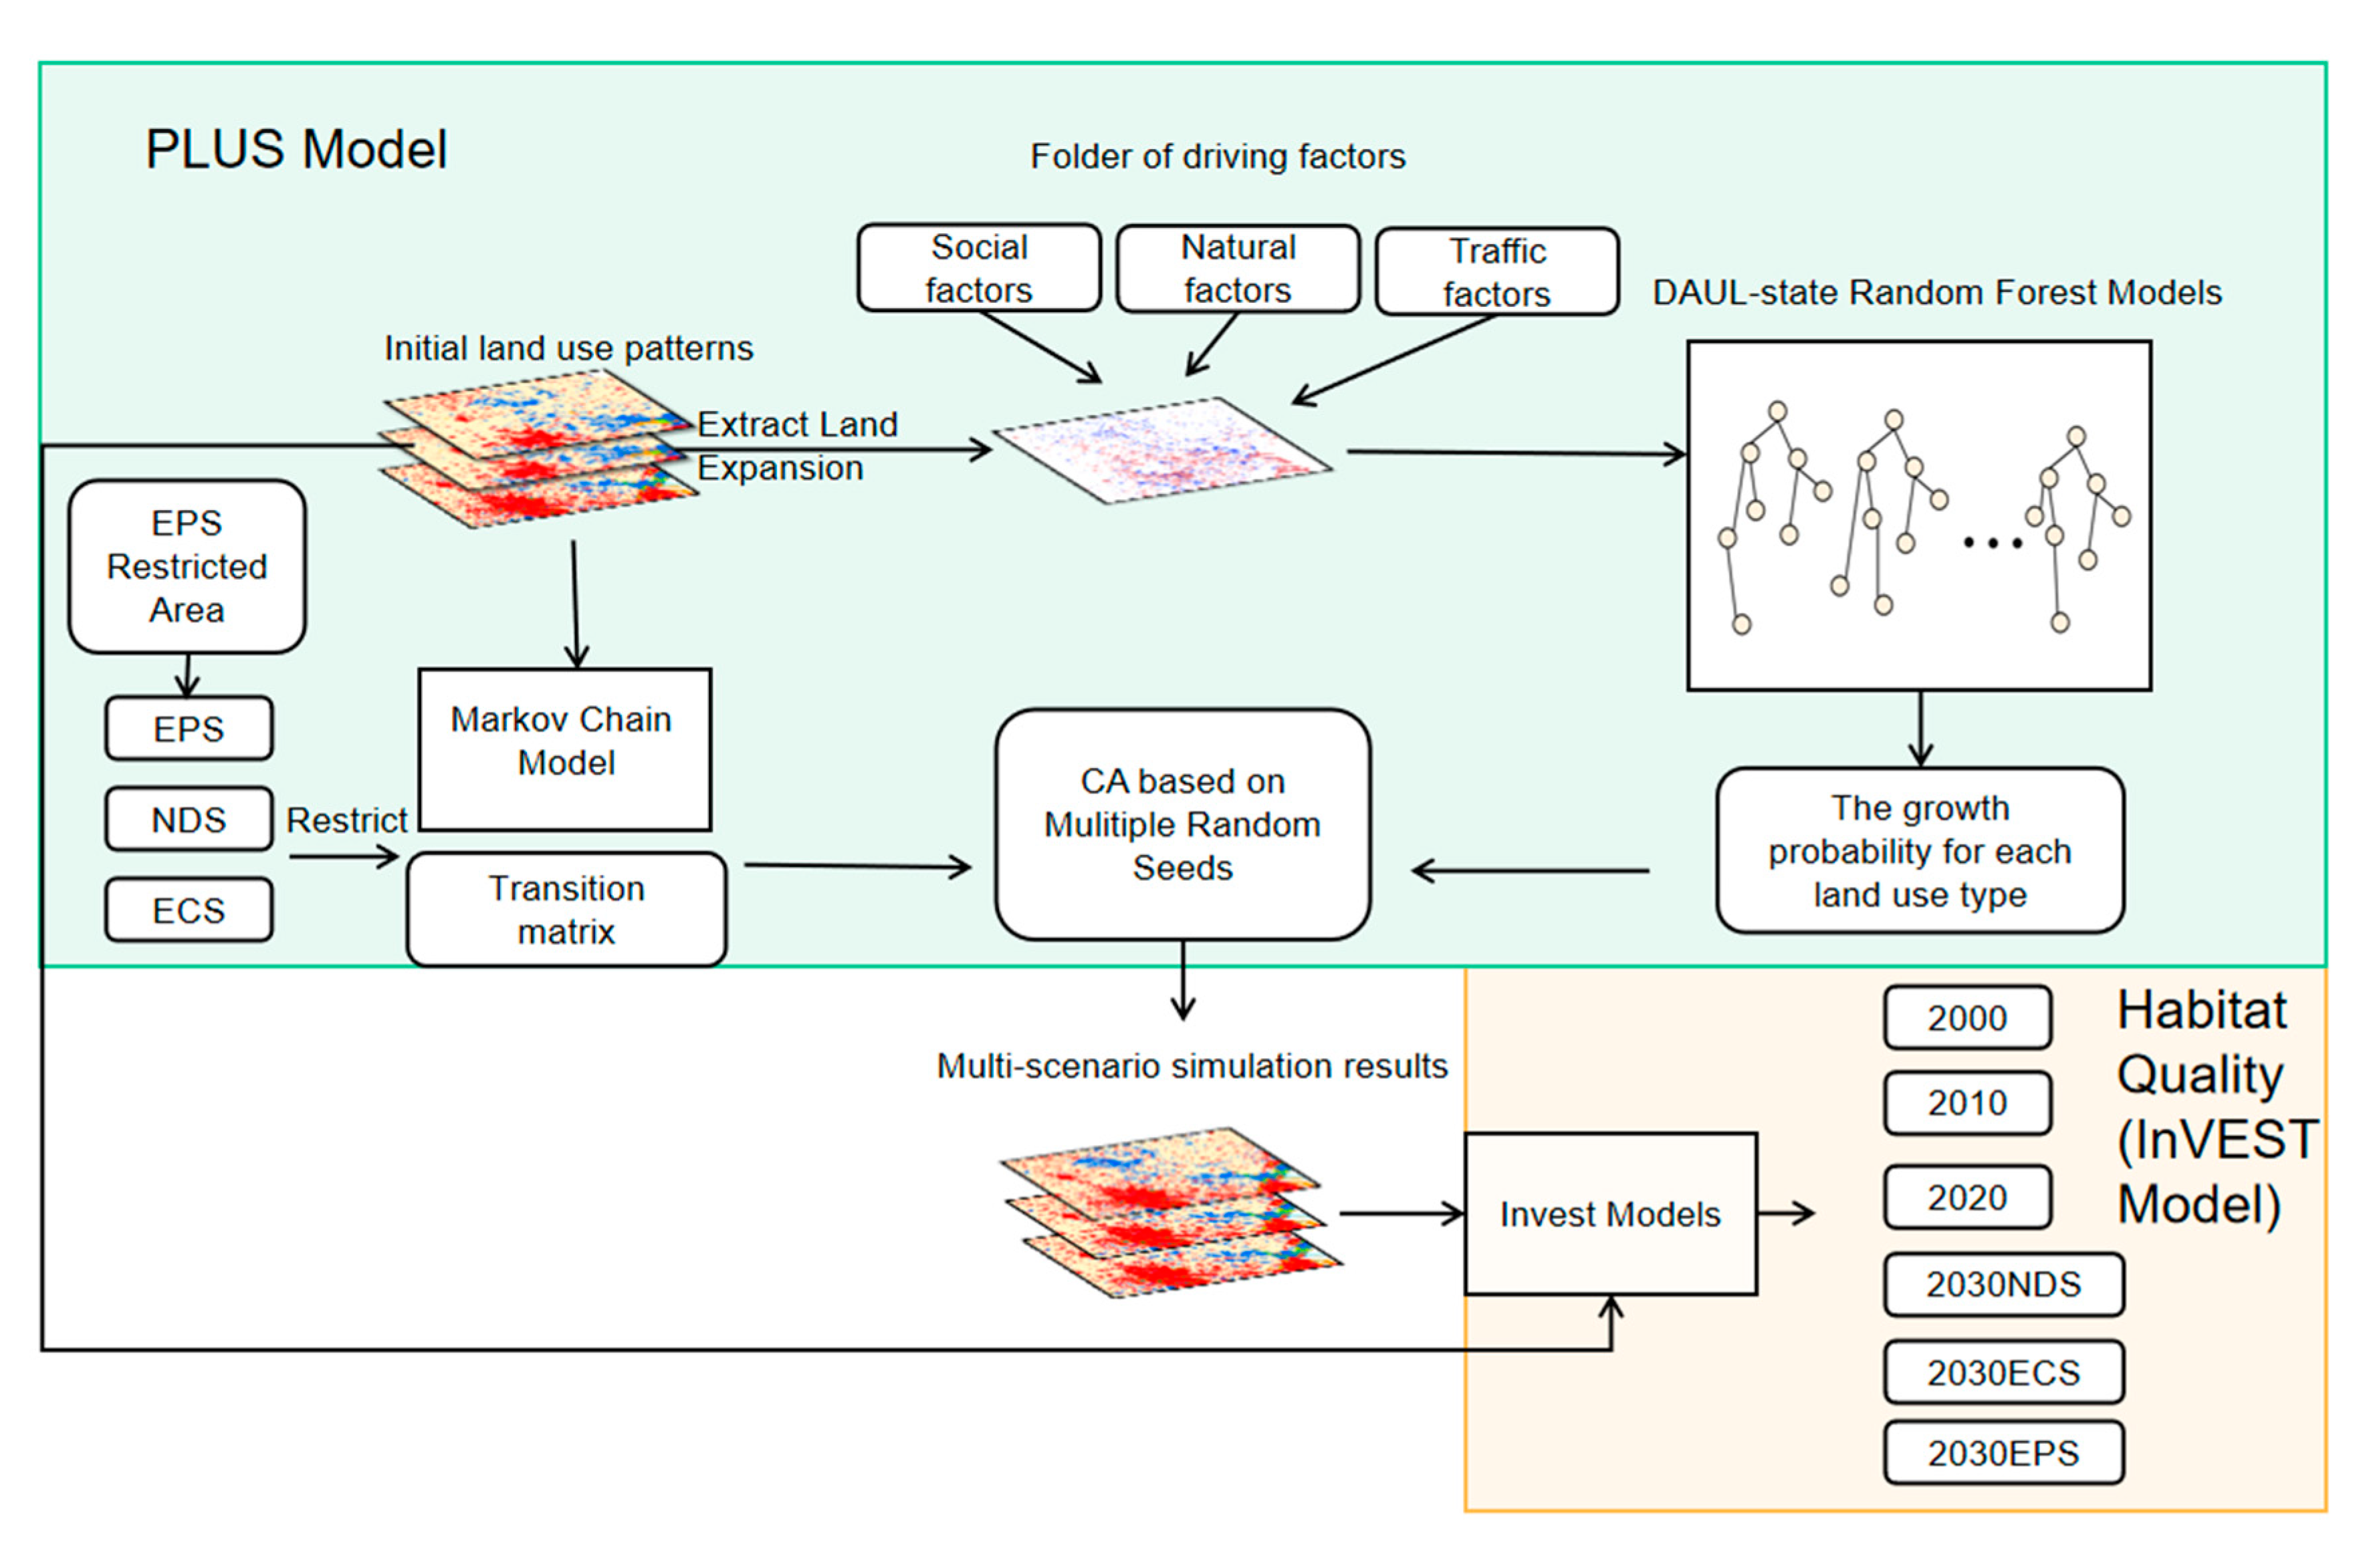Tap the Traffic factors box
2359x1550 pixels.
pyautogui.click(x=1496, y=271)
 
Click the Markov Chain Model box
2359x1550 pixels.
pyautogui.click(x=564, y=749)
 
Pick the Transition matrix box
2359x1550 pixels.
pyautogui.click(x=566, y=909)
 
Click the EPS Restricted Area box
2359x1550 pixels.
pyautogui.click(x=187, y=566)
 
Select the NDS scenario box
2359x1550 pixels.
pyautogui.click(x=189, y=819)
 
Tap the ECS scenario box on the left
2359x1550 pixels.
pyautogui.click(x=189, y=910)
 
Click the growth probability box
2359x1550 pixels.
pyautogui.click(x=1919, y=850)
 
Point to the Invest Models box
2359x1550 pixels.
pyautogui.click(x=1609, y=1213)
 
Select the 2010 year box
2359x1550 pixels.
pyautogui.click(x=1967, y=1102)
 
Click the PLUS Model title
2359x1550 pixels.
pyautogui.click(x=296, y=150)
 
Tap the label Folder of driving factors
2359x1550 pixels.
pyautogui.click(x=1217, y=156)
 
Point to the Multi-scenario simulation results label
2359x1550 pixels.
pyautogui.click(x=1192, y=1065)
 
